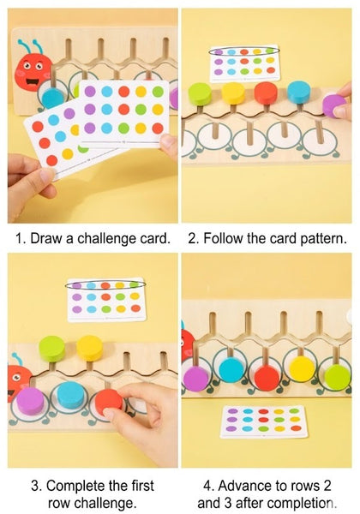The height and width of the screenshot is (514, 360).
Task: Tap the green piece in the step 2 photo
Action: [201, 93]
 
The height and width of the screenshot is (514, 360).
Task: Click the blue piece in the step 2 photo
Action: [299, 91]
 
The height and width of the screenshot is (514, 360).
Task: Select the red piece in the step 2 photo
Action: [267, 92]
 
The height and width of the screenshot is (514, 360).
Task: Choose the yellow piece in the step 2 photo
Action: [234, 93]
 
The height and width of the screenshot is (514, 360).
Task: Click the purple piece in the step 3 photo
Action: [30, 399]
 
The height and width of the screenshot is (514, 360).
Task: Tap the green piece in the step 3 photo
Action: [52, 347]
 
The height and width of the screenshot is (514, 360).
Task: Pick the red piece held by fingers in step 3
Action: [109, 401]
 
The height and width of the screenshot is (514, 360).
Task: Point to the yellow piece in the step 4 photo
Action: [302, 368]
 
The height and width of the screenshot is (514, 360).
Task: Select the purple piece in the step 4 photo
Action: [196, 378]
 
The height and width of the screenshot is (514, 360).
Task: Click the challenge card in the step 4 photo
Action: [264, 421]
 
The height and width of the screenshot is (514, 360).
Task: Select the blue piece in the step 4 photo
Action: [231, 369]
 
